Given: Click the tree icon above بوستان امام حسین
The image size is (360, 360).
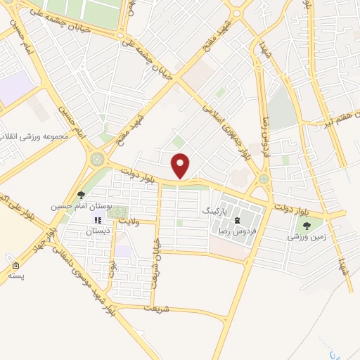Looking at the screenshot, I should [82, 195].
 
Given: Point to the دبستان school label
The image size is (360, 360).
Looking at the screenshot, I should [99, 231].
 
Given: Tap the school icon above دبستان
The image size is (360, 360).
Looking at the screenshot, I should [98, 220].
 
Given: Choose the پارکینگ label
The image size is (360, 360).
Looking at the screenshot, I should [215, 210].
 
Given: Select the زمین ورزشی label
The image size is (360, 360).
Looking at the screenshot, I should [307, 237].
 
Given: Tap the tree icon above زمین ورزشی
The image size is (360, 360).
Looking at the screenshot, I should [307, 225].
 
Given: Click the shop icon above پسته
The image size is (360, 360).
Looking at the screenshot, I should [15, 266].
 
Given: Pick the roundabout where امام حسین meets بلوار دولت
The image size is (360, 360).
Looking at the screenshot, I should [96, 160].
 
